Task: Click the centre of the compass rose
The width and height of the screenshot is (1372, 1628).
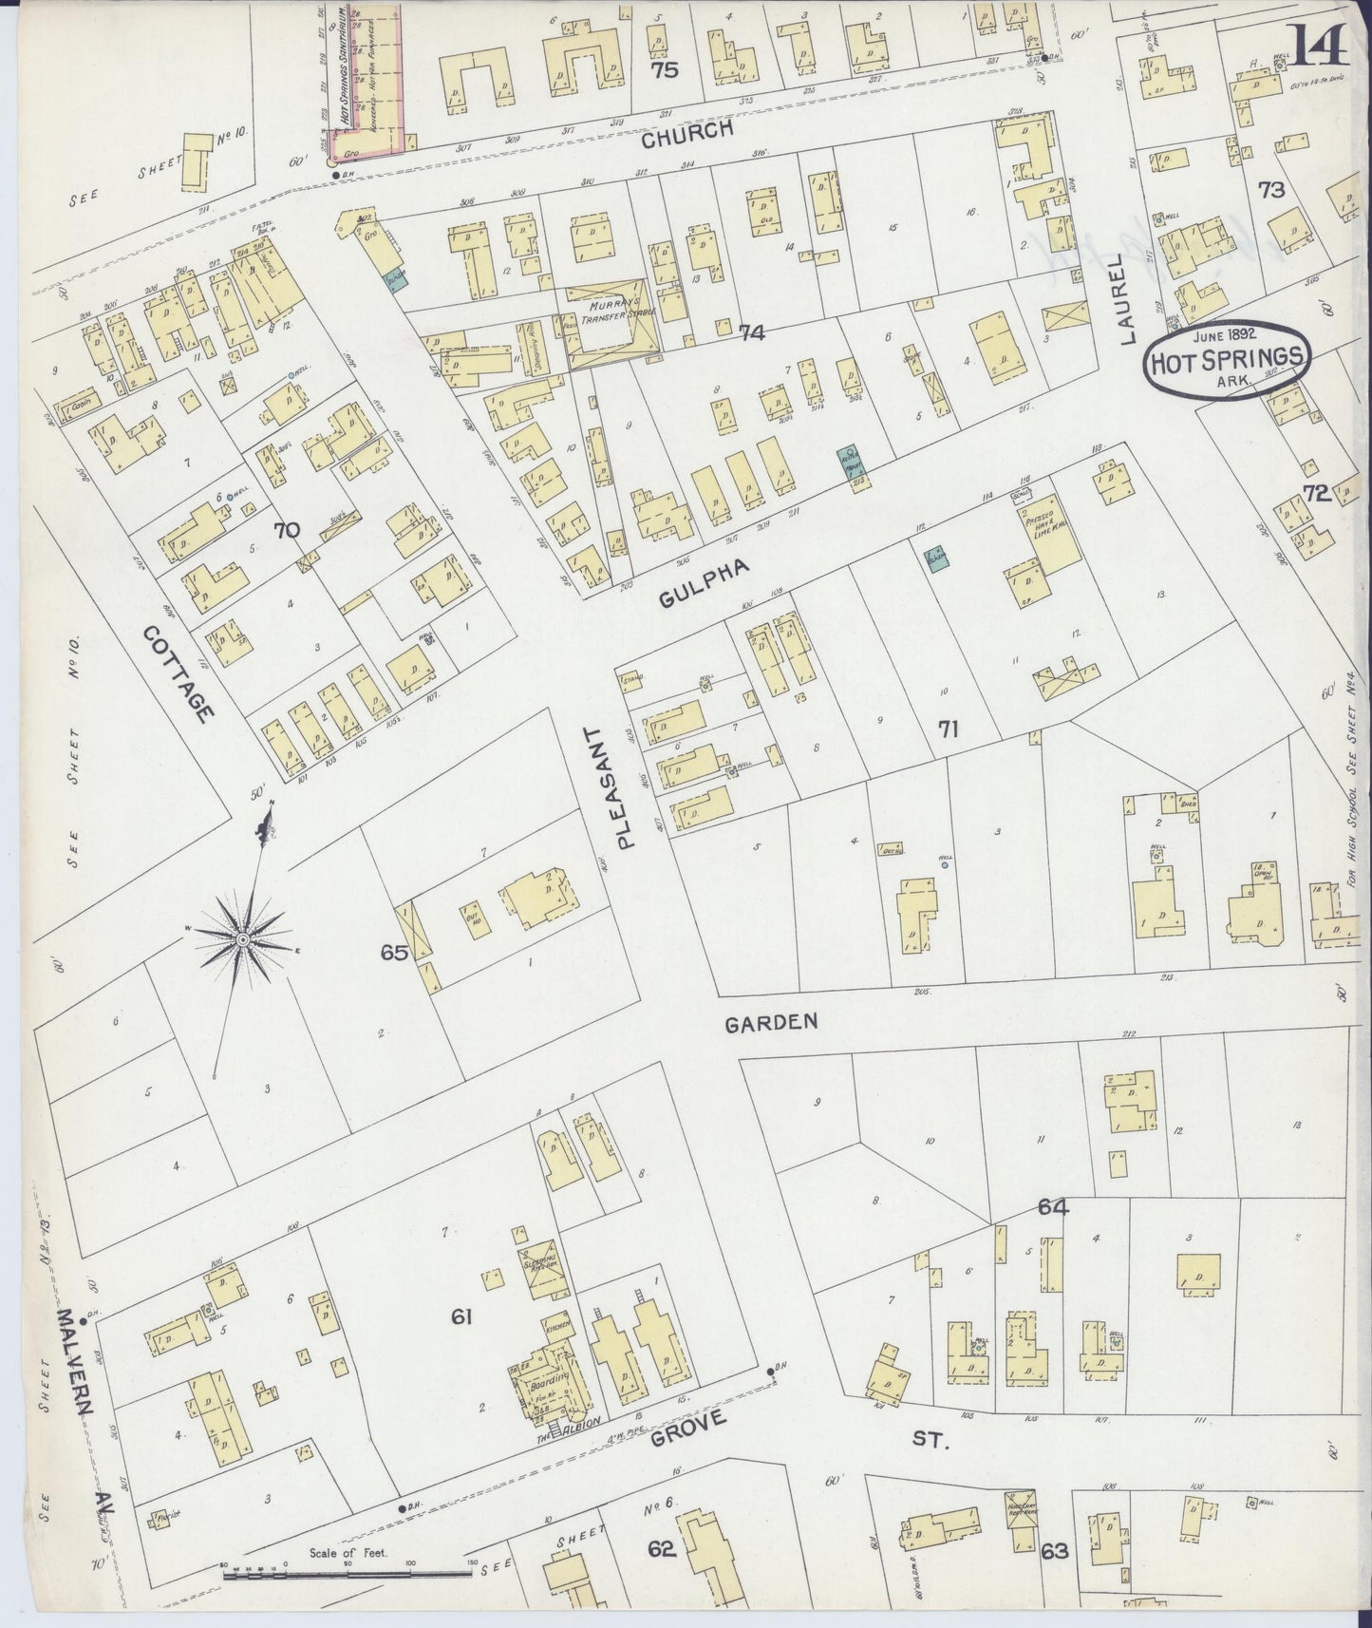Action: (241, 938)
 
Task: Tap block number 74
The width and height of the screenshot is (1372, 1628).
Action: (751, 332)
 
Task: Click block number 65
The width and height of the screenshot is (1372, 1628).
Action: (395, 952)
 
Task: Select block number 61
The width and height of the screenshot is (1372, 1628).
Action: (462, 1316)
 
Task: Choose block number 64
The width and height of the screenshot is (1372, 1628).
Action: (1053, 1207)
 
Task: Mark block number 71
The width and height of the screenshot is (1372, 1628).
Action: (947, 729)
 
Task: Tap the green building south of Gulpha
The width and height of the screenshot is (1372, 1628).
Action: (937, 559)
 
